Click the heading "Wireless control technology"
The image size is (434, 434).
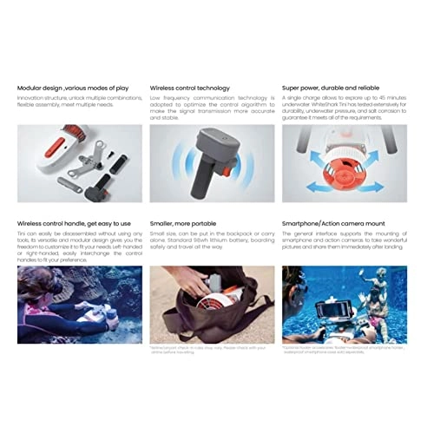coord(190,88)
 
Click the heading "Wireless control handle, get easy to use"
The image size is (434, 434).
coord(74,222)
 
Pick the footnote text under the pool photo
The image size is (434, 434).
coord(343,351)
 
